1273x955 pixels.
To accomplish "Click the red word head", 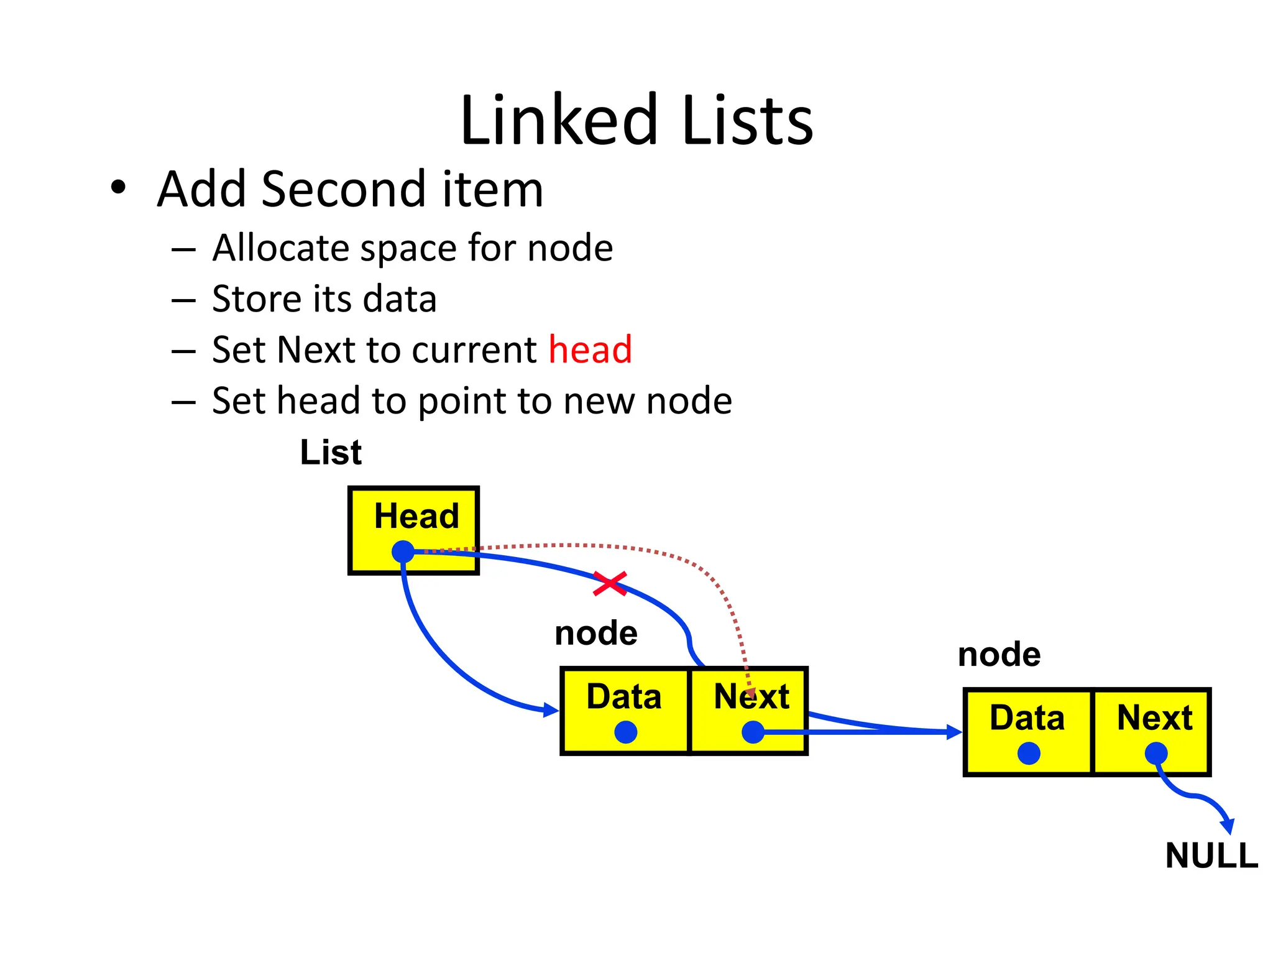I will pos(590,349).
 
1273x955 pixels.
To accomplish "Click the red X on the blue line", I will pos(610,583).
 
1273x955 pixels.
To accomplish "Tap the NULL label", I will pos(1211,856).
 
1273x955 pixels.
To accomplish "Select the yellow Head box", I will pos(414,530).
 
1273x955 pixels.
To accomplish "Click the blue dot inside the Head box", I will pos(403,551).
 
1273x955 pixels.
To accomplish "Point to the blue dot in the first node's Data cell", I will pos(625,732).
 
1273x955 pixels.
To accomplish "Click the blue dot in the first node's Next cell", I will pos(753,732).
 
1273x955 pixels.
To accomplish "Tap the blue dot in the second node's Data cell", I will pos(1029,754).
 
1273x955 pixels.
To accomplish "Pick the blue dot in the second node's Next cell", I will pos(1156,754).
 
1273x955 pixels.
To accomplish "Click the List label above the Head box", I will pos(331,452).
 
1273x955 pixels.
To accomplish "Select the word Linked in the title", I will pos(558,119).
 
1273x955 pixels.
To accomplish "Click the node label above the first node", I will pos(595,634).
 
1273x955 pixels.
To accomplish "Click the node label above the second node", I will pos(999,655).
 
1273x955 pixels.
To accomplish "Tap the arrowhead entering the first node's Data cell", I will pos(551,710).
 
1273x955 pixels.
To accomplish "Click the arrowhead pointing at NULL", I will pos(1228,827).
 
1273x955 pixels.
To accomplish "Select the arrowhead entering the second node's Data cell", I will pos(954,732).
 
